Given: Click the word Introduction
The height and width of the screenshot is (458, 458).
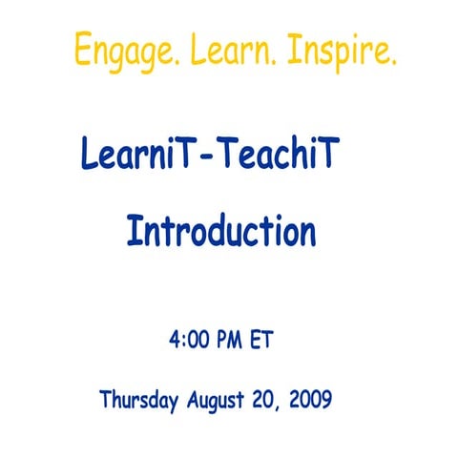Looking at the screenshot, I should [x=221, y=232].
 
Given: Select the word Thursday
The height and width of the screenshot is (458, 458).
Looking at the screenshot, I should [x=138, y=399].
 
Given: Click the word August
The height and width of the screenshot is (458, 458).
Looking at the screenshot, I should [x=219, y=400].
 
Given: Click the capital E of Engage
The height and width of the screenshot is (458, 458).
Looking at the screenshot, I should [x=83, y=49].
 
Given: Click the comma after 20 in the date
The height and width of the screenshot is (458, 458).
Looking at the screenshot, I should [x=284, y=406].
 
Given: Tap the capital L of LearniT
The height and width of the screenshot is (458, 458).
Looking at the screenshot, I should [x=90, y=155].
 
